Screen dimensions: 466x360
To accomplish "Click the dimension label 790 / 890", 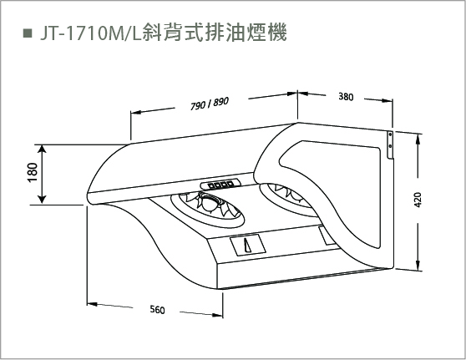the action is (210, 103).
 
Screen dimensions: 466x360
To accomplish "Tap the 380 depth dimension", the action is (346, 97).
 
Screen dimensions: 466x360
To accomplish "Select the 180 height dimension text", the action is (33, 172).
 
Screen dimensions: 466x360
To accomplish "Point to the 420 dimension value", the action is (418, 200).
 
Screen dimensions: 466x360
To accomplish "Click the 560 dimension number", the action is (157, 310).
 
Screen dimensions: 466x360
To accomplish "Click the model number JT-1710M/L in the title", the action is (91, 33).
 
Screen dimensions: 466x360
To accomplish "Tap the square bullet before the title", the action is (28, 33).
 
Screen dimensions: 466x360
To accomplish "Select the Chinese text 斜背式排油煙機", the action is (215, 33).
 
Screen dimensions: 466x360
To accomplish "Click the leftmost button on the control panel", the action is (211, 186).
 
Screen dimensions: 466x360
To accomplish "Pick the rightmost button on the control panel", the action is (230, 184).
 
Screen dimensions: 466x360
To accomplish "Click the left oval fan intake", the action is (208, 210).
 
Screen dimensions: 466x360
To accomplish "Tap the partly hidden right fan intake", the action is (286, 199).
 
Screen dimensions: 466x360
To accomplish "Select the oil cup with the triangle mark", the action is (248, 245).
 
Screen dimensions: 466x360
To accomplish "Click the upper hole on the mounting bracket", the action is (391, 135).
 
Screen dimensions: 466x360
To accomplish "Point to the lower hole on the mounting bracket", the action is (390, 145).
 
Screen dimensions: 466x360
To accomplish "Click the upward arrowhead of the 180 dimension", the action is (43, 149).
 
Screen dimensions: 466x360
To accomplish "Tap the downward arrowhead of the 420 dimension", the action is (418, 266).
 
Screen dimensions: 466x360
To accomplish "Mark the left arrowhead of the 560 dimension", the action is (92, 304).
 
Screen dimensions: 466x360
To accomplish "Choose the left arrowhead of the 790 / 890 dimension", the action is (135, 113).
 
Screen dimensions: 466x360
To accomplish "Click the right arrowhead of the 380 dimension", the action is (387, 101).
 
